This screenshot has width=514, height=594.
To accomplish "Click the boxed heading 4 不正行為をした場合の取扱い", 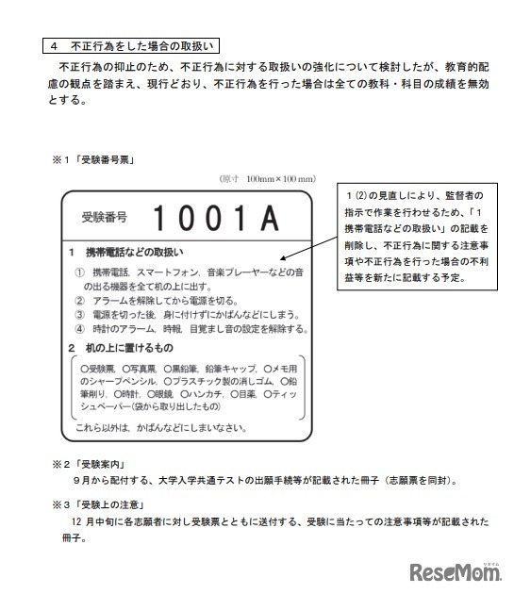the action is click(132, 44).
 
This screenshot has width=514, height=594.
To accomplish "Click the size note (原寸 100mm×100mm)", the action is click(267, 178).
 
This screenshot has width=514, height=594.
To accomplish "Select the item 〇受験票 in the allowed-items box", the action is click(99, 369).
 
